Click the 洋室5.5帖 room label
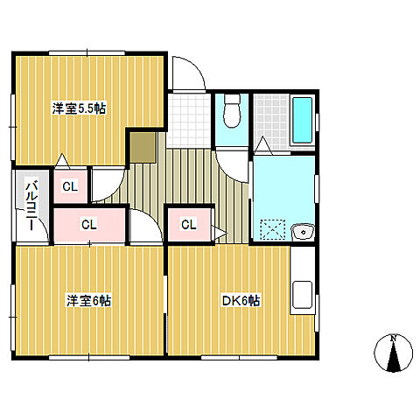(79, 108)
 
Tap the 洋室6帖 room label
(89, 300)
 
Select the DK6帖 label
(241, 300)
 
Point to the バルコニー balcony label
(31, 206)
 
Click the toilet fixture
(232, 110)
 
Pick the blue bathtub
(302, 120)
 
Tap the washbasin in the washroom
(303, 232)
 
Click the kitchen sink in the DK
(303, 295)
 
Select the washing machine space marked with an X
(273, 229)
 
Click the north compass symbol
(394, 353)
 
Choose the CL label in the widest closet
(89, 225)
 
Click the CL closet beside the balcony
(70, 186)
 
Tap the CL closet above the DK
(189, 225)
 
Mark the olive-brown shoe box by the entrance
(143, 148)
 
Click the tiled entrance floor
(189, 121)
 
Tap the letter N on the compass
(394, 339)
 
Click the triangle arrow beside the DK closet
(220, 233)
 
